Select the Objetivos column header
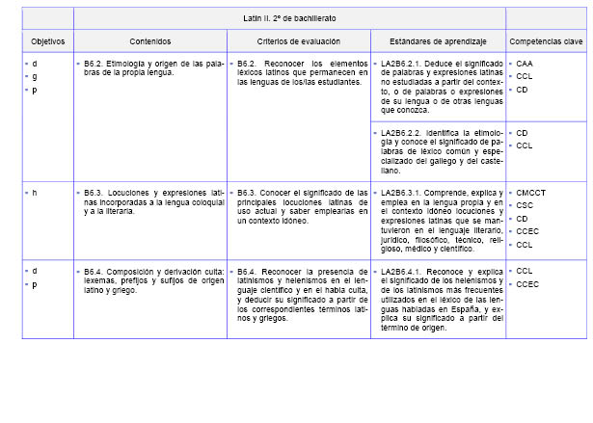(47, 42)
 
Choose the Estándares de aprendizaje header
(438, 42)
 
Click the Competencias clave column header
(546, 42)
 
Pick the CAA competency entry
(525, 64)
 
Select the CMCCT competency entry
(531, 193)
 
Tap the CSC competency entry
(525, 205)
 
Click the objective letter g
(35, 76)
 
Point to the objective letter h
(35, 193)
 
